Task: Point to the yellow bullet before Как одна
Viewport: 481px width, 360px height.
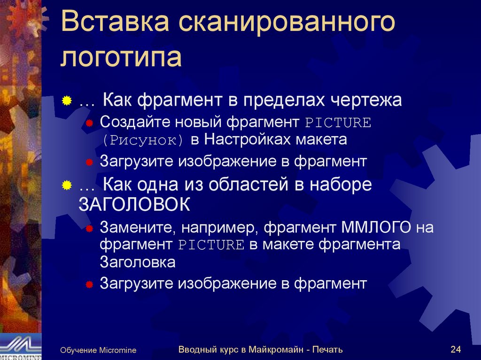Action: pyautogui.click(x=67, y=185)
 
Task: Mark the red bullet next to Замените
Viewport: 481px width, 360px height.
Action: pyautogui.click(x=89, y=229)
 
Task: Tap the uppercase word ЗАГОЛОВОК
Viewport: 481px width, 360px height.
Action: pyautogui.click(x=134, y=205)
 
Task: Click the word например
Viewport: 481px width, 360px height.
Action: pyautogui.click(x=219, y=229)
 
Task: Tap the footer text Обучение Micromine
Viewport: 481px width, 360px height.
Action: pyautogui.click(x=98, y=350)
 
